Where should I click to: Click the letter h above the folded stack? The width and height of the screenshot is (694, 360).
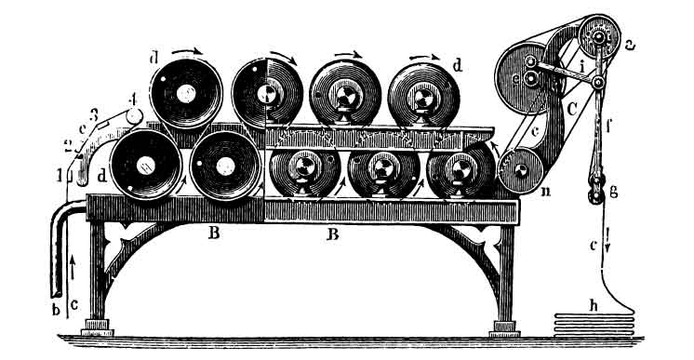tap(594, 303)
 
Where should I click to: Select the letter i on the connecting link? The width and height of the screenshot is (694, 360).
tap(581, 67)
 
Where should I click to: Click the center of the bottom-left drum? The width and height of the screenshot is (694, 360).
tap(146, 166)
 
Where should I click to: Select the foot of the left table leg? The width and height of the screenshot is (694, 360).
tap(98, 327)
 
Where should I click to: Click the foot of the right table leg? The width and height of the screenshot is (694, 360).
tap(503, 327)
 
